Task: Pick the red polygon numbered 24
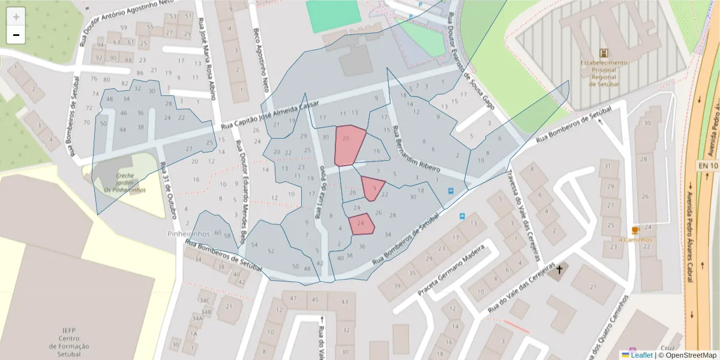(362, 224)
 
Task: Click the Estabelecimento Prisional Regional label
(603, 73)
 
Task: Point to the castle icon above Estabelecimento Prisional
(603, 53)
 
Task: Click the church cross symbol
(560, 270)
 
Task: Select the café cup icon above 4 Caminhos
(635, 230)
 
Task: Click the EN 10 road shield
(707, 165)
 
